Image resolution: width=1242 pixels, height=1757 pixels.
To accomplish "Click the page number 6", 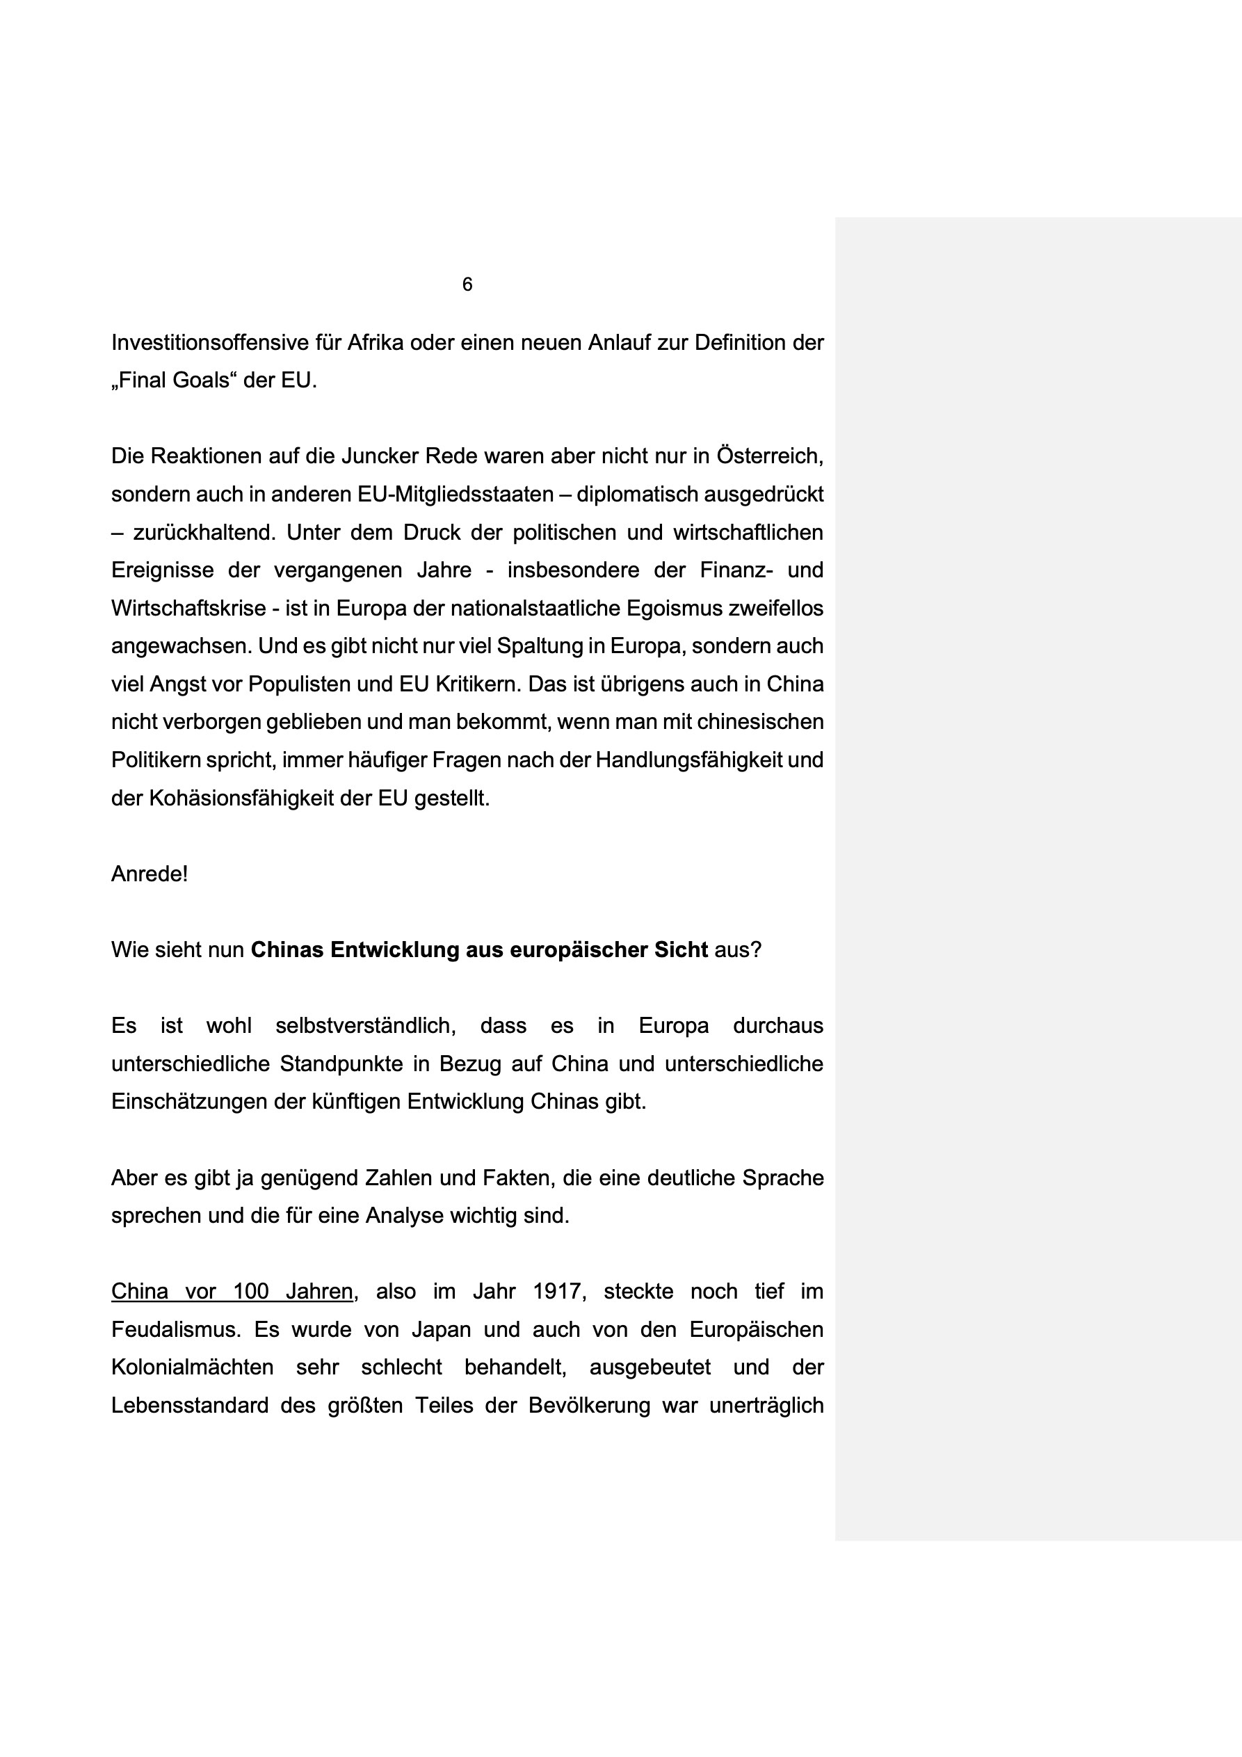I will pos(467,284).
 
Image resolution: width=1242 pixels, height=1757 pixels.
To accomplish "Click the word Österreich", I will pos(769,456).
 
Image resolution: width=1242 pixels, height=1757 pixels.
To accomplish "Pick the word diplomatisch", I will pos(637,495).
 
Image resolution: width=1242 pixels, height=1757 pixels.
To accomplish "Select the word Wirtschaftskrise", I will pos(187,609).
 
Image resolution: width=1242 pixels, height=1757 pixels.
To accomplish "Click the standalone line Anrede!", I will pos(150,874).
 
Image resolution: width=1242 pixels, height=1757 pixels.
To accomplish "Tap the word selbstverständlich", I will pos(365,1026).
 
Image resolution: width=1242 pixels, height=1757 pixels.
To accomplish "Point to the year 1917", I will pos(558,1292).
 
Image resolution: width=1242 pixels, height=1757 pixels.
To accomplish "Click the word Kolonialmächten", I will pos(192,1367).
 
